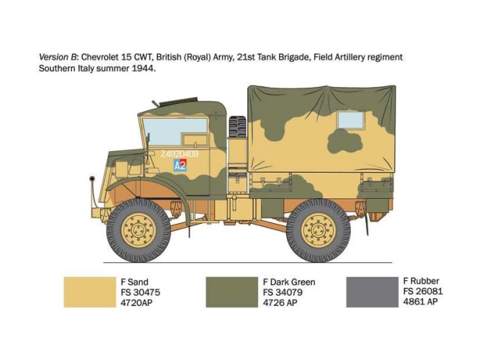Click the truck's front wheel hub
coord(138,230)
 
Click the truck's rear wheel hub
coord(319,230)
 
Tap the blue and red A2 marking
coord(180,166)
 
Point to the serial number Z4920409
coord(179,154)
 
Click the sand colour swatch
coord(90,292)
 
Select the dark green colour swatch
coord(232,292)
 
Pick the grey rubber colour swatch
coord(372,292)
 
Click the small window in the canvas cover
coord(351,120)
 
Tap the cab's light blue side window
coord(175,132)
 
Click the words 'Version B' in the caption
coord(57,57)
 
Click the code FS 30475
coord(141,292)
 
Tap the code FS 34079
coord(283,292)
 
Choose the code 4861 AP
coord(420,302)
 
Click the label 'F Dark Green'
coord(289,282)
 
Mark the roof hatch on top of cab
coord(179,102)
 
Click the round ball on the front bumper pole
coord(92,179)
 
